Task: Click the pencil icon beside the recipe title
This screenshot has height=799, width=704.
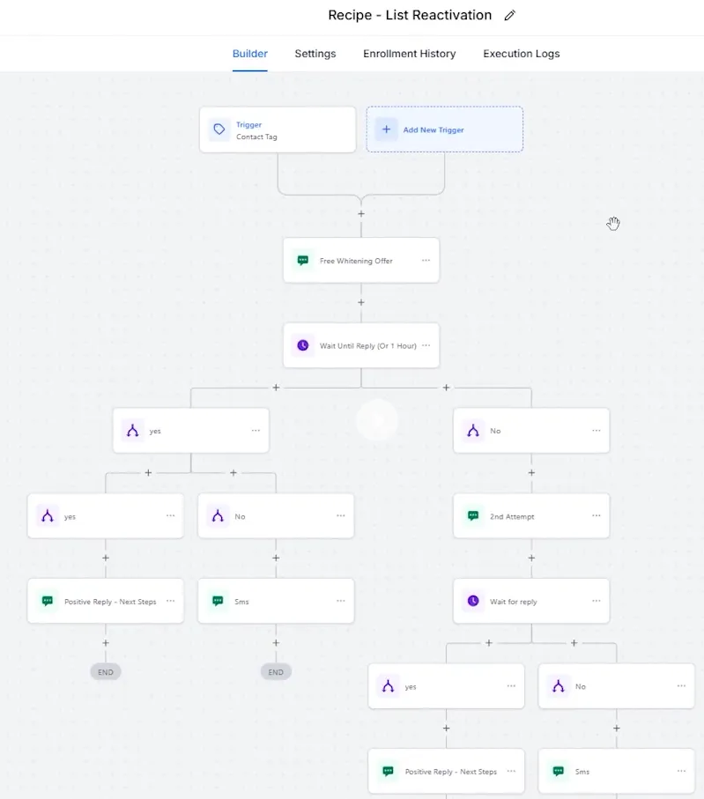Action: click(x=509, y=16)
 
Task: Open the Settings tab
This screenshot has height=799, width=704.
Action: click(x=315, y=54)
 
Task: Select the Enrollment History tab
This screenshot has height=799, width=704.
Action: click(x=410, y=54)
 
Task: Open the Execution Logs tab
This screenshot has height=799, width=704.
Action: click(x=521, y=54)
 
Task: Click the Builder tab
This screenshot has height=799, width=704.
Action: click(x=249, y=54)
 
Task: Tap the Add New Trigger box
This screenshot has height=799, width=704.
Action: click(x=445, y=129)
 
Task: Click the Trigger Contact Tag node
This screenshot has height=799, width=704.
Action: click(x=278, y=129)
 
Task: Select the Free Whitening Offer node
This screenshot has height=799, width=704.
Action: click(x=361, y=261)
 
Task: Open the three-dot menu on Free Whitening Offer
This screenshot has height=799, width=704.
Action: click(x=426, y=261)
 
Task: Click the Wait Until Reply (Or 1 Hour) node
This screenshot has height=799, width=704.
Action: click(x=361, y=345)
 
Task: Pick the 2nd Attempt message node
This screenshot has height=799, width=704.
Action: click(x=531, y=516)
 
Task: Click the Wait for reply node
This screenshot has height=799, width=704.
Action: click(x=531, y=602)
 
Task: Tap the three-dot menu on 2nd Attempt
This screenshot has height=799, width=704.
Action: click(x=596, y=515)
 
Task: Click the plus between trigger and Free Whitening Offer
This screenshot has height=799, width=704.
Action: click(x=361, y=214)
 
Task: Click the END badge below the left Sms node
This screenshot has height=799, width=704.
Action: click(x=276, y=672)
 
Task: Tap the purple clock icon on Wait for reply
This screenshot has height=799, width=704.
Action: click(x=473, y=601)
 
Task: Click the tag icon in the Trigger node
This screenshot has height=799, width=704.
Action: click(x=219, y=129)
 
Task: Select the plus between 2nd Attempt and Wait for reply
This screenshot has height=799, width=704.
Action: click(x=531, y=558)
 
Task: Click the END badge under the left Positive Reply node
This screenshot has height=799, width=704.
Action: click(x=106, y=672)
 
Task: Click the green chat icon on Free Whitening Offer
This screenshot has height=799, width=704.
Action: click(x=303, y=261)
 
